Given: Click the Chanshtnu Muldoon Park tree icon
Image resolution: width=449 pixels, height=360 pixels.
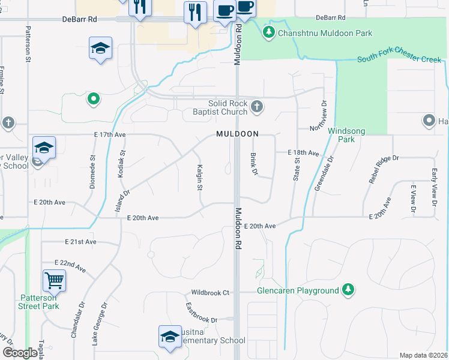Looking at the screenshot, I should pos(270,32).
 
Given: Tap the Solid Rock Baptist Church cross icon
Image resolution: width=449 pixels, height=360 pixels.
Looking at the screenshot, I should pos(256,106).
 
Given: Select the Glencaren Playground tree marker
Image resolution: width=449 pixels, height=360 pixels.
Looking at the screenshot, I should pos(348,290).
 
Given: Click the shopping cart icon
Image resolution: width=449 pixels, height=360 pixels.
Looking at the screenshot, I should pos(54,280).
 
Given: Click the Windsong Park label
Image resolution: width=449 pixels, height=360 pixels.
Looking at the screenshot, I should pos(342,134).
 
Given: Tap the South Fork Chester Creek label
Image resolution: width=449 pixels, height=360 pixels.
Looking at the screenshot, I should pos(399,59).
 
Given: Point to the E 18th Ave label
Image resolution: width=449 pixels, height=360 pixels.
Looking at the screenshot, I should pos(303,153).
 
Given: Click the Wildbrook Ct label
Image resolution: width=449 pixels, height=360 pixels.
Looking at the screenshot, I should pos(210,293).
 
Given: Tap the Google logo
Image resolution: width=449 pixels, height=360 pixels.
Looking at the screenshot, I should pos(20,353).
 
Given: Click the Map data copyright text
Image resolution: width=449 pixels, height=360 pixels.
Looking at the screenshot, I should pos(423,355).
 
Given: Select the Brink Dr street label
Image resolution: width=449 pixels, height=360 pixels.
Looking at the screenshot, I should pos(253,164).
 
